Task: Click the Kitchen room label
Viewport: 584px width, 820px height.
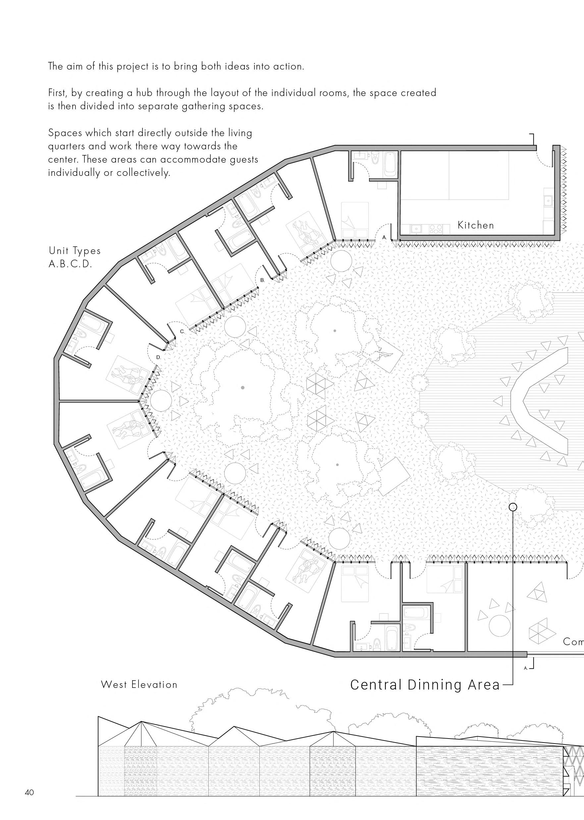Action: [x=476, y=226]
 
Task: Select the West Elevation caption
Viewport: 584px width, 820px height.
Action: [x=139, y=685]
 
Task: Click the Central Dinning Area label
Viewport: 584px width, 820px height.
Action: [x=425, y=685]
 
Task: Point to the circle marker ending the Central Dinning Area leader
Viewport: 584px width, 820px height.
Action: [x=513, y=507]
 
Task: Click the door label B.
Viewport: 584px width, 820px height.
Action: [x=262, y=280]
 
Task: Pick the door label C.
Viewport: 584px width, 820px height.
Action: [x=182, y=332]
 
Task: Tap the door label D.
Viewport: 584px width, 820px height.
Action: [x=159, y=358]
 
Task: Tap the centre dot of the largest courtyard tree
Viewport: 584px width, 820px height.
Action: [x=243, y=387]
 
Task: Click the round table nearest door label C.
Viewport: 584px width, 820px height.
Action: [x=235, y=327]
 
